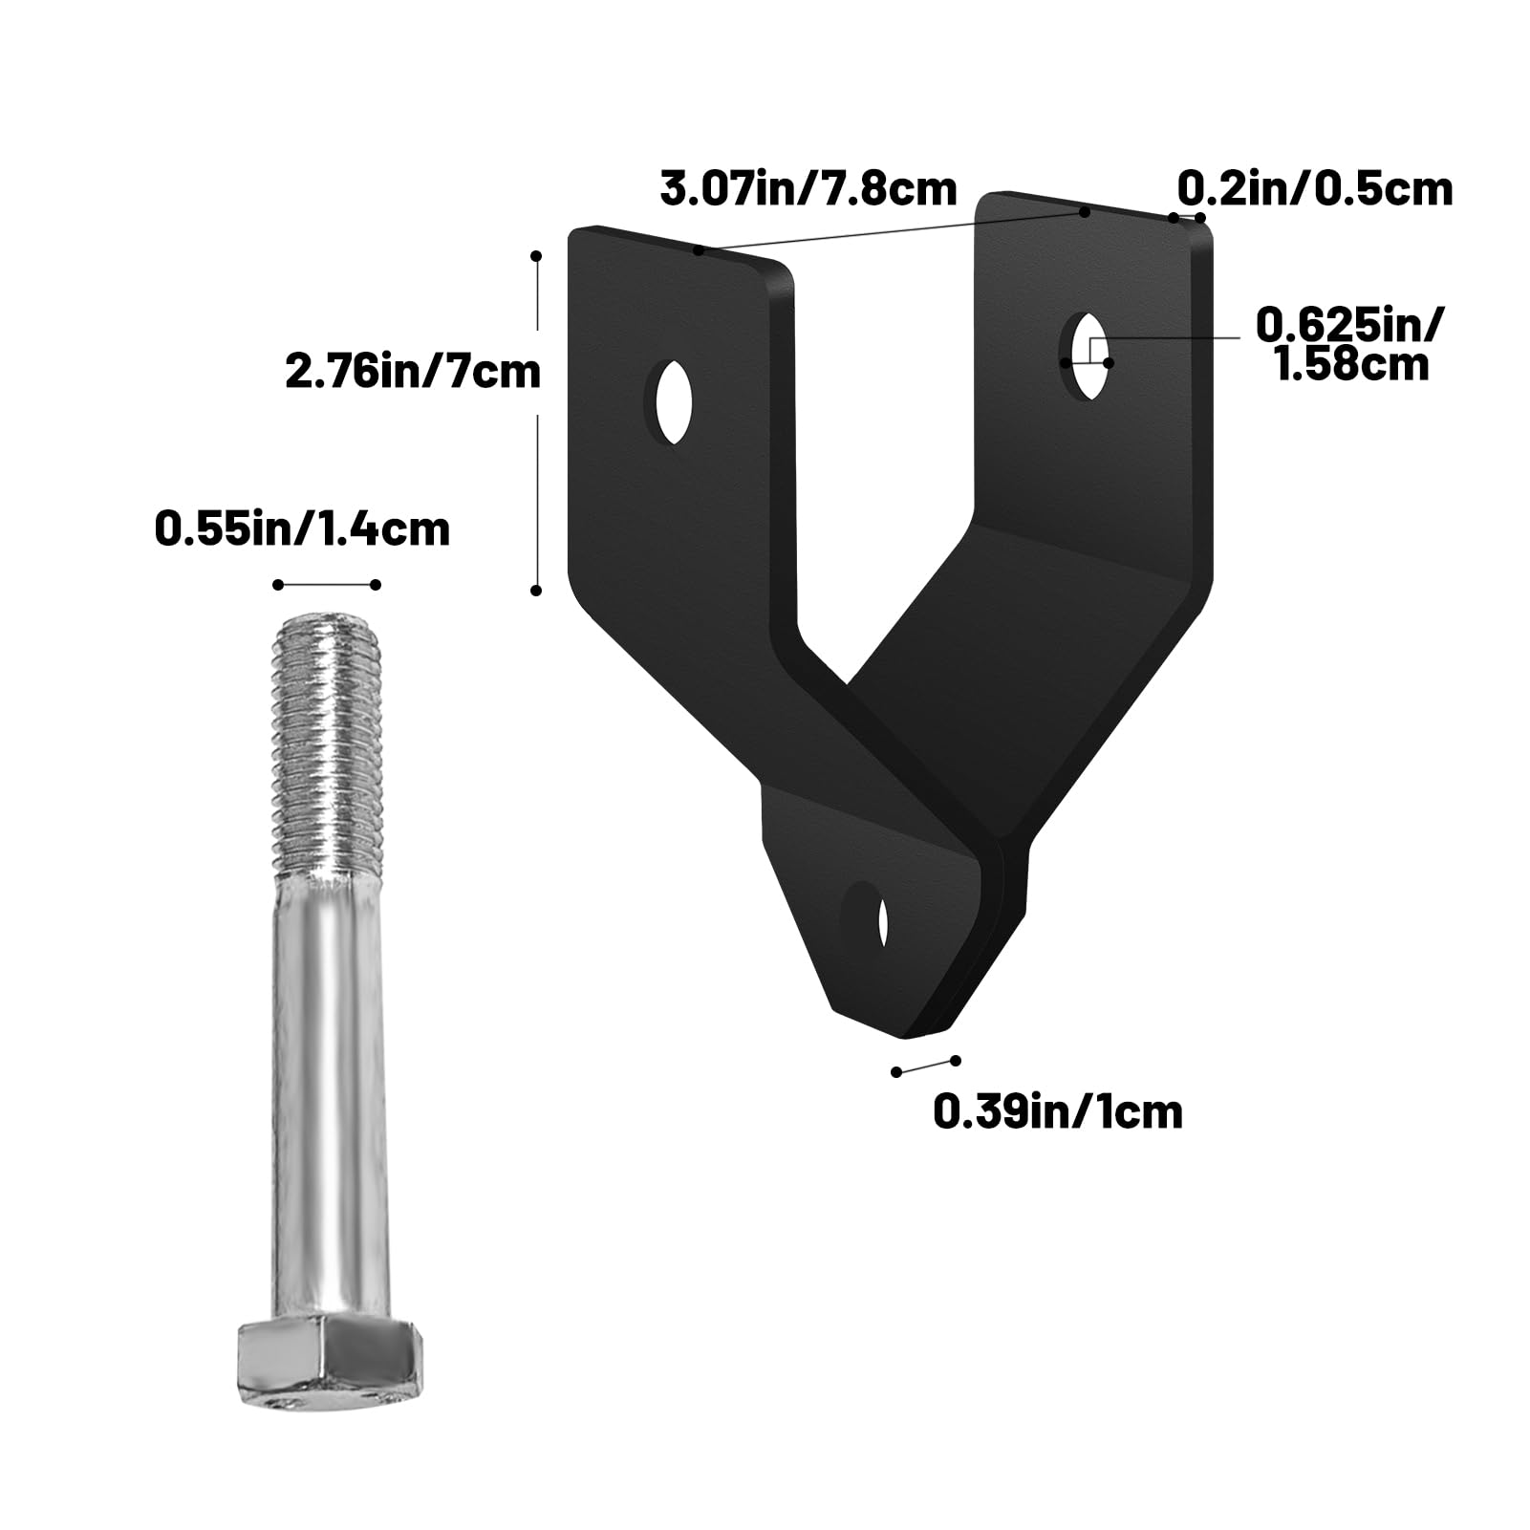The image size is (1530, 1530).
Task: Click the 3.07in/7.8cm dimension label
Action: click(808, 188)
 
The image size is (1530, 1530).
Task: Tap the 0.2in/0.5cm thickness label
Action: click(1314, 188)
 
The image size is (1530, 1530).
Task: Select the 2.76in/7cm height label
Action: click(413, 372)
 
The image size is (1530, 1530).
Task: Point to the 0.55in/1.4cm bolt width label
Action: click(302, 528)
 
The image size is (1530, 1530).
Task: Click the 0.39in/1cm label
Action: click(1057, 1111)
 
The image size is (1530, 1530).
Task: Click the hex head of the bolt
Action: click(327, 1355)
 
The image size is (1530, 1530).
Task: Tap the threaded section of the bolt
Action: click(329, 745)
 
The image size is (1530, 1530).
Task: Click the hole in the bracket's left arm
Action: click(675, 403)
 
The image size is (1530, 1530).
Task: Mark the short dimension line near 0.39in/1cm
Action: click(925, 1066)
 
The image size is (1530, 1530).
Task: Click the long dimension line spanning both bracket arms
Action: click(891, 230)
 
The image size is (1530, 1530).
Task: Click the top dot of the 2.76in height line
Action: click(537, 256)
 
